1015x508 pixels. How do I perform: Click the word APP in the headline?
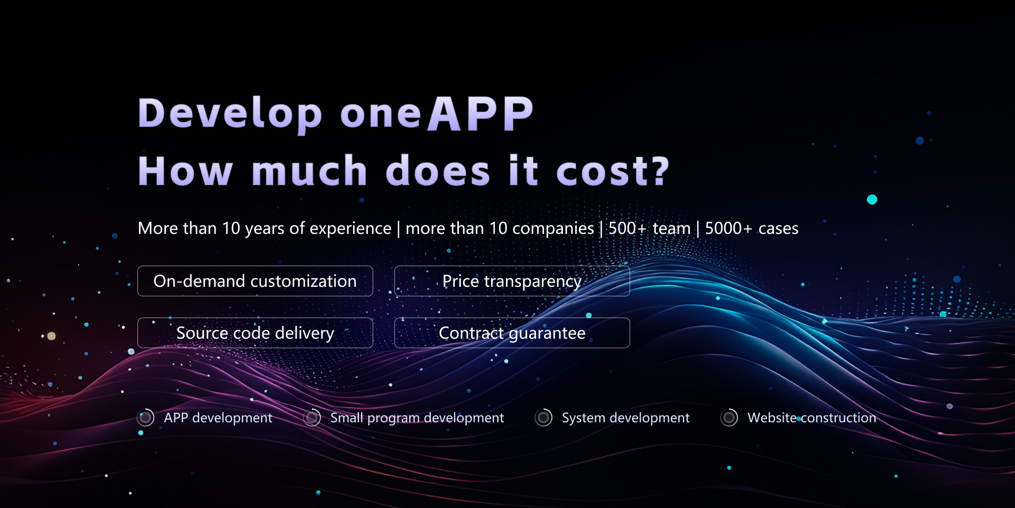pyautogui.click(x=480, y=114)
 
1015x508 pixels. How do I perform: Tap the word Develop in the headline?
pyautogui.click(x=230, y=114)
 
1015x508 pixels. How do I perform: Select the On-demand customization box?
pyautogui.click(x=255, y=281)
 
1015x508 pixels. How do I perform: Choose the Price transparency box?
pyautogui.click(x=512, y=281)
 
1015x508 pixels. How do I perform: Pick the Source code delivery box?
pyautogui.click(x=255, y=333)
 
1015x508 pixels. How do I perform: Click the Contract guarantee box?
pyautogui.click(x=512, y=333)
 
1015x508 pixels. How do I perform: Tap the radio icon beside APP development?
pyautogui.click(x=145, y=418)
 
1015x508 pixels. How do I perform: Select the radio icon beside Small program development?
pyautogui.click(x=312, y=418)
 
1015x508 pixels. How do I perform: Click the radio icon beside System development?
pyautogui.click(x=543, y=418)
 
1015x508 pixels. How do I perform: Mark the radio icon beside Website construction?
pyautogui.click(x=729, y=418)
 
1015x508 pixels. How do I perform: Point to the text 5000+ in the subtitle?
pyautogui.click(x=728, y=228)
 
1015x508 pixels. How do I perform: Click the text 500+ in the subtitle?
pyautogui.click(x=628, y=228)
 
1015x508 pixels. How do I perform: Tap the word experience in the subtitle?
pyautogui.click(x=350, y=229)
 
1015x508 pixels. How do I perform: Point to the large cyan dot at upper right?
pyautogui.click(x=872, y=199)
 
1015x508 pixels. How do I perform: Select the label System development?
pyautogui.click(x=625, y=418)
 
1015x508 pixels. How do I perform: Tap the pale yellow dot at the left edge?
pyautogui.click(x=51, y=336)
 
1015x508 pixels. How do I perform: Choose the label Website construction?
pyautogui.click(x=812, y=418)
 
